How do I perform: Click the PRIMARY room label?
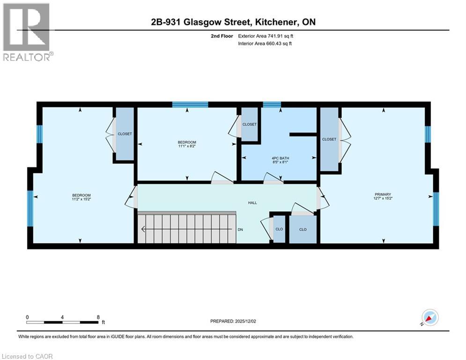[383, 194]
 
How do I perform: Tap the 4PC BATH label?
[280, 158]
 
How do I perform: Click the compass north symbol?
[429, 318]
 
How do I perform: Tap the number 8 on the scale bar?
[98, 317]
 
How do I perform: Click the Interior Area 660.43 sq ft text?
[266, 44]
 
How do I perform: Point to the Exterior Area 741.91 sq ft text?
[266, 36]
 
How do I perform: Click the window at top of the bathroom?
[272, 105]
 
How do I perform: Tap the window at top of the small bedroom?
[190, 105]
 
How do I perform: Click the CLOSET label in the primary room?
[329, 139]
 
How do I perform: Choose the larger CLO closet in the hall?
[303, 229]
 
